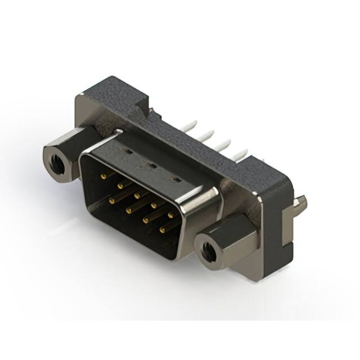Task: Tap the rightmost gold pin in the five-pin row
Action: (x=171, y=214)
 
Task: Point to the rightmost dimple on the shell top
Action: (x=177, y=179)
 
